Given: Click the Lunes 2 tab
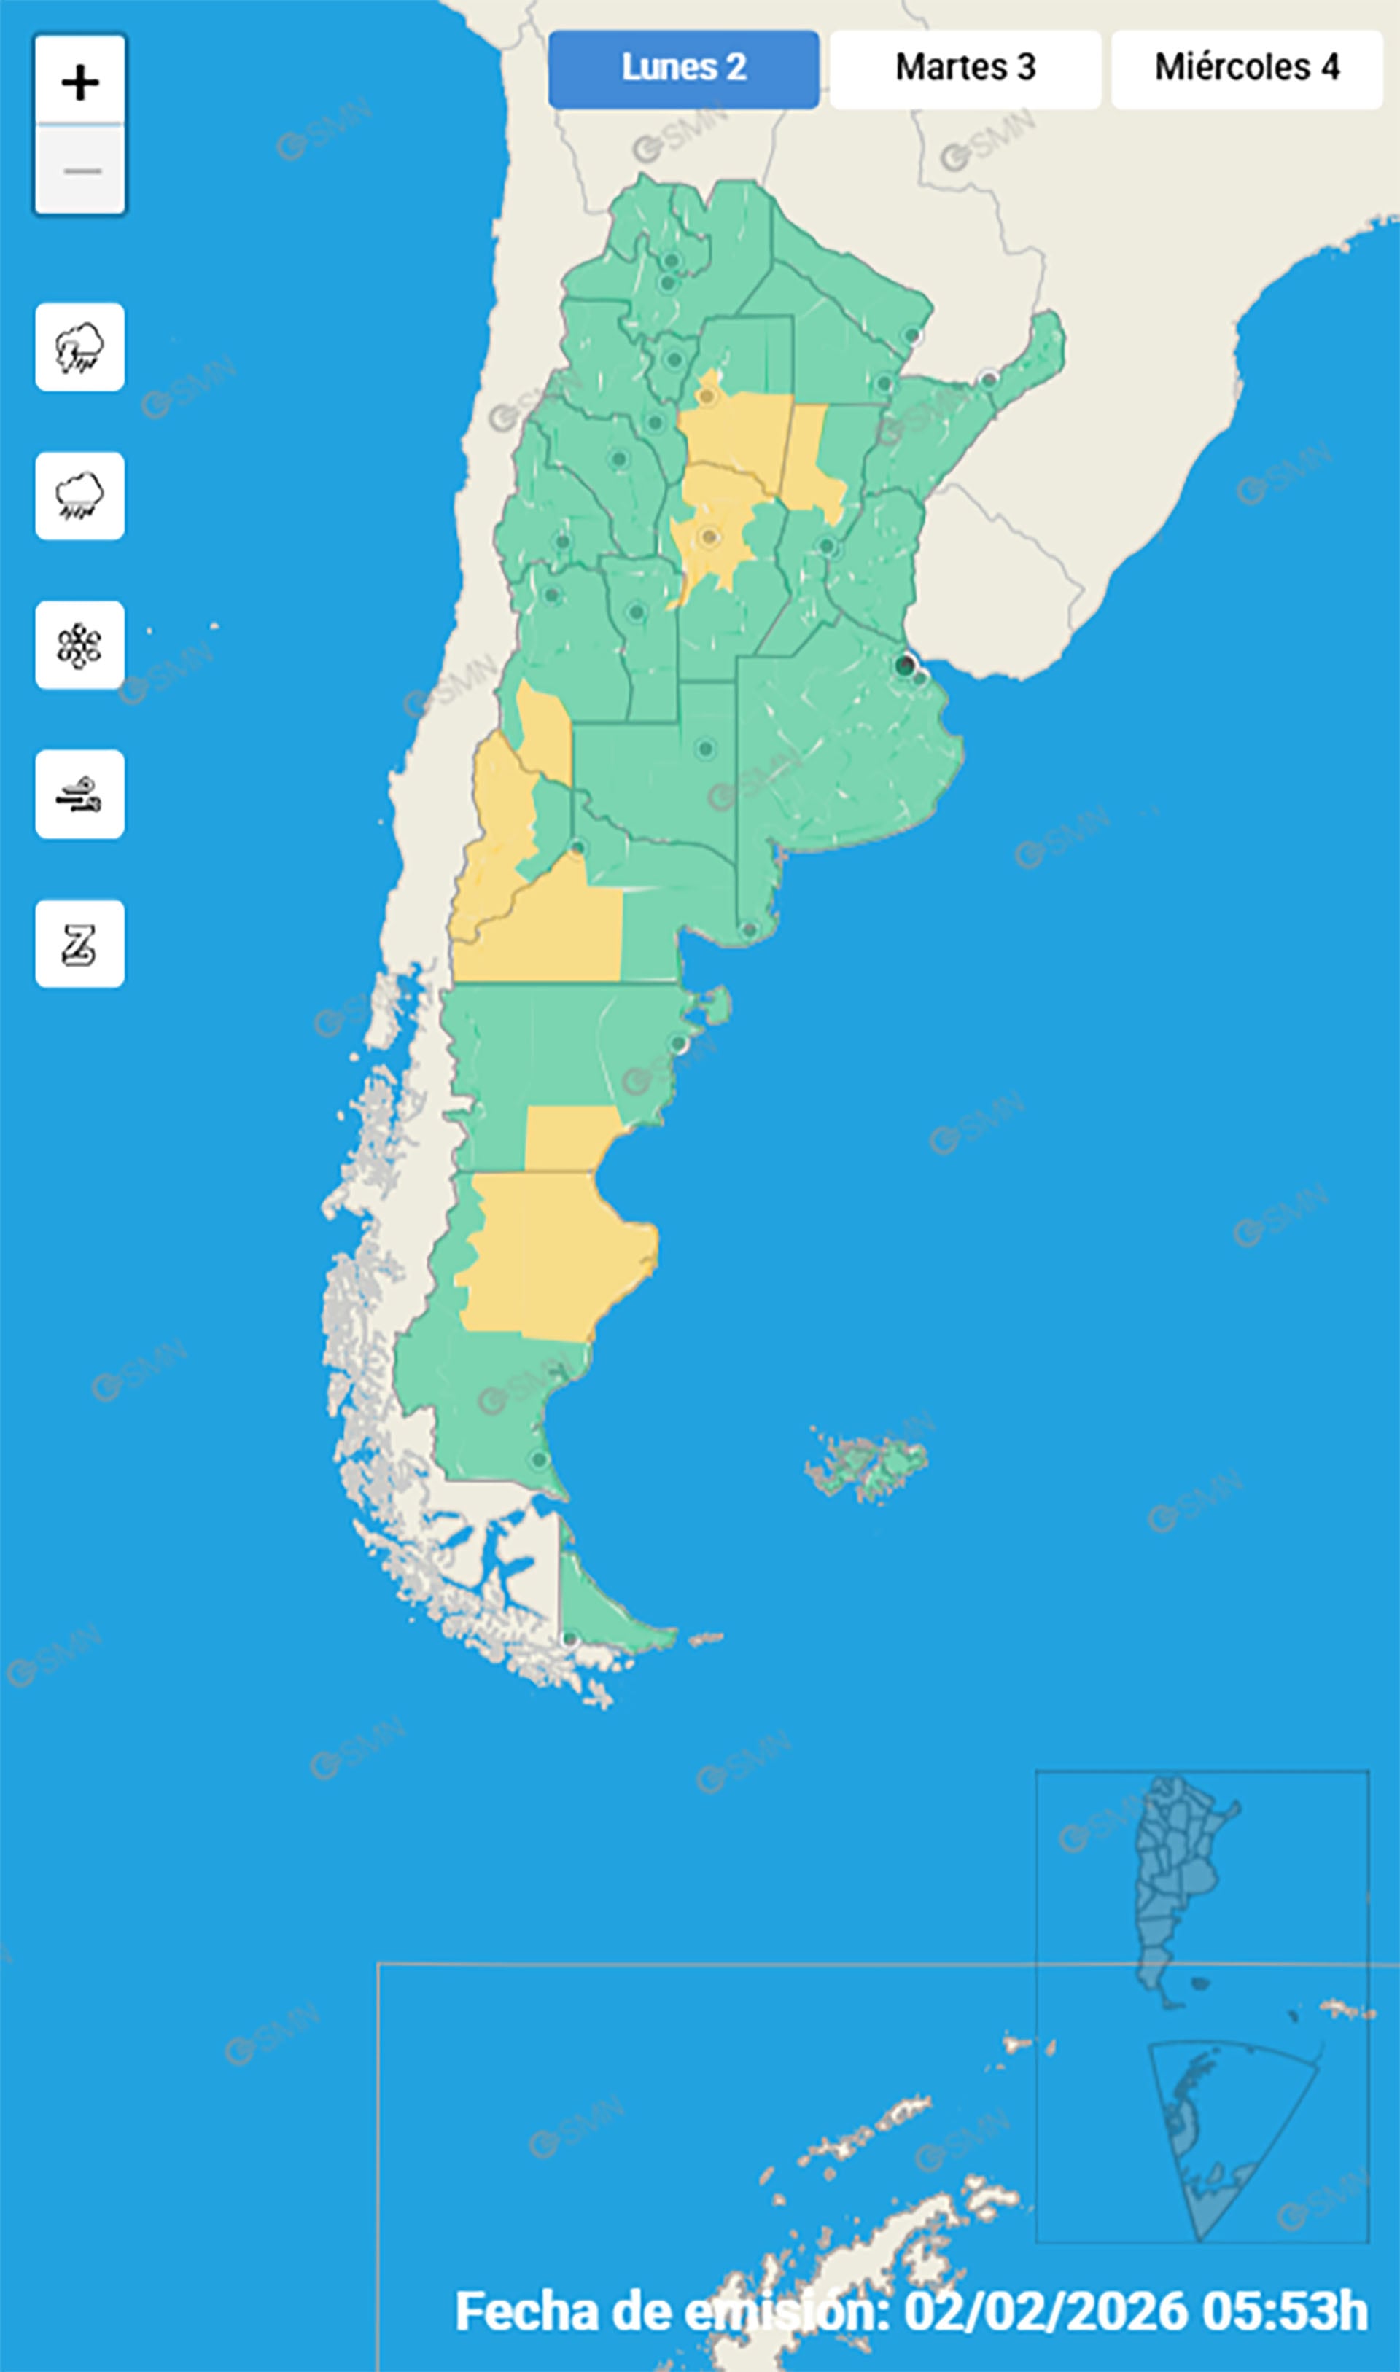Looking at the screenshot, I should (x=683, y=69).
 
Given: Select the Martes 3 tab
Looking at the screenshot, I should (x=965, y=69).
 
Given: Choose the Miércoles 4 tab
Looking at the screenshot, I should (x=1246, y=69).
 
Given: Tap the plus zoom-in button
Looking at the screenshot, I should (x=80, y=82).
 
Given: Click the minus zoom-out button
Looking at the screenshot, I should (x=80, y=171).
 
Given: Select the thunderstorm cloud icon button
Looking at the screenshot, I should (x=80, y=347).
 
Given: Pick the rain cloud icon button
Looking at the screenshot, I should (x=80, y=496).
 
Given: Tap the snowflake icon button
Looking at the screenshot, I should (x=80, y=645).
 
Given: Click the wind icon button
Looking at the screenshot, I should (x=80, y=794).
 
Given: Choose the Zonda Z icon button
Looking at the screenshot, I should (x=80, y=944).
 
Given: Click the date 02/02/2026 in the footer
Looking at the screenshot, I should (x=1046, y=2311).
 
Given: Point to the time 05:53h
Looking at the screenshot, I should (x=1285, y=2311).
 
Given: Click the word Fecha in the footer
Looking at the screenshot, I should (x=529, y=2311).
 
